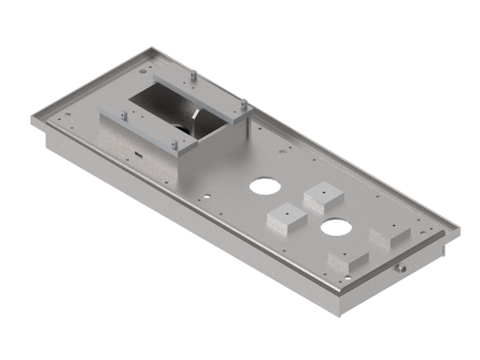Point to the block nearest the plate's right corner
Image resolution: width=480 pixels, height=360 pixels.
tap(390, 235)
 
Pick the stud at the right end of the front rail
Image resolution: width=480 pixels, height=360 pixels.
tap(173, 143)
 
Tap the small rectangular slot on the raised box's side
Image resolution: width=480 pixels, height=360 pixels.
tap(139, 154)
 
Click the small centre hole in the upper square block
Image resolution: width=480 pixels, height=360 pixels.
tap(322, 191)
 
